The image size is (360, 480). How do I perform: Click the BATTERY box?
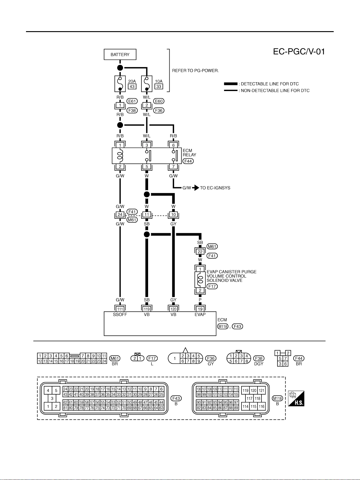click(120, 54)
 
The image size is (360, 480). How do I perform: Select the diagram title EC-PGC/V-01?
click(299, 52)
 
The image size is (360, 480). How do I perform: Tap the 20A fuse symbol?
click(120, 84)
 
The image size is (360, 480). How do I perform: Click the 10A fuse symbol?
click(147, 84)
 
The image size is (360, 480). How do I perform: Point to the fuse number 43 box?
click(132, 87)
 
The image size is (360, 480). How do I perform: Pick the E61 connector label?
click(132, 101)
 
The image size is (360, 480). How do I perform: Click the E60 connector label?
click(159, 101)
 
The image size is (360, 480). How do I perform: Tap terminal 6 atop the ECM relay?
click(174, 145)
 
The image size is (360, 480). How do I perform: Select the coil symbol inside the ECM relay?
click(120, 156)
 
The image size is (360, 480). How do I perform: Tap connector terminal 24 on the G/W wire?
click(120, 214)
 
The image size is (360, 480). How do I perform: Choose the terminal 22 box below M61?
click(200, 252)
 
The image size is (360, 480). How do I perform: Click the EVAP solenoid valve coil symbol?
click(200, 279)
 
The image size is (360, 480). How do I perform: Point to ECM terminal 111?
click(120, 309)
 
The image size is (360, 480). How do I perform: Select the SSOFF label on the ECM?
click(120, 315)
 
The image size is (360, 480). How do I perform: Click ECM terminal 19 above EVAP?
click(200, 309)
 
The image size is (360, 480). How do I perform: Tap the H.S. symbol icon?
click(296, 398)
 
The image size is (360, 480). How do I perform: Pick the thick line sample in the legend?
click(231, 84)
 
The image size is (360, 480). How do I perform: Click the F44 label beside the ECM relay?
click(188, 161)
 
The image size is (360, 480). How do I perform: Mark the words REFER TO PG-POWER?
click(195, 71)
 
